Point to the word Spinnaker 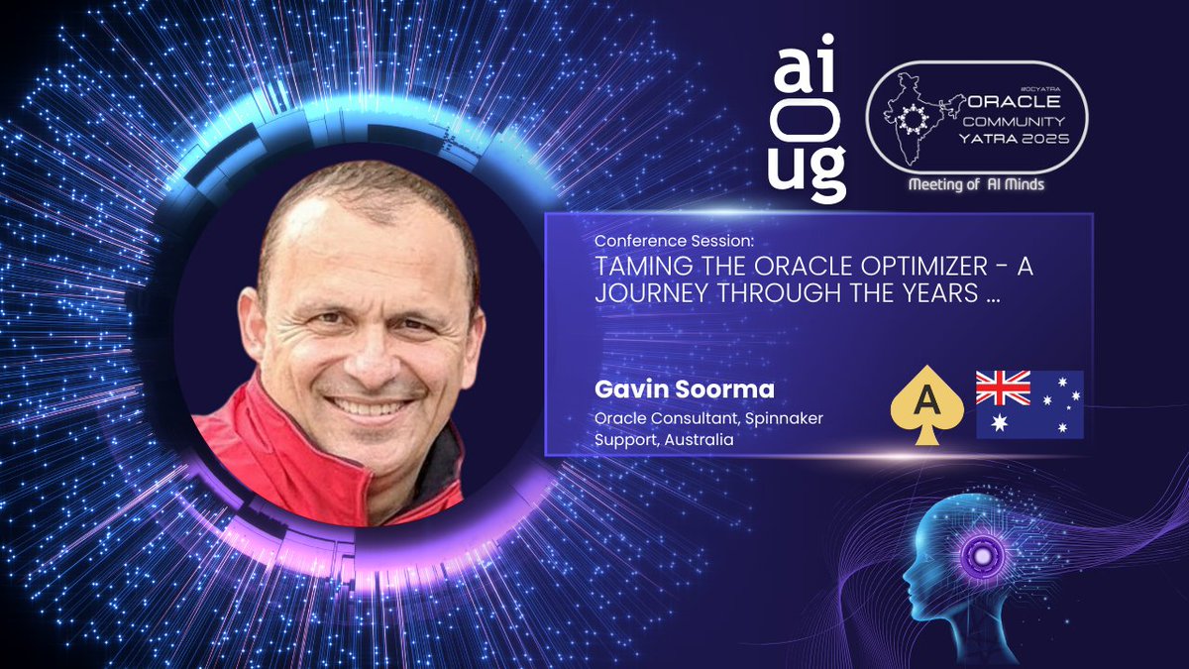[789, 418]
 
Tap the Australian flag [1029, 404]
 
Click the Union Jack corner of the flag [1003, 388]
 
